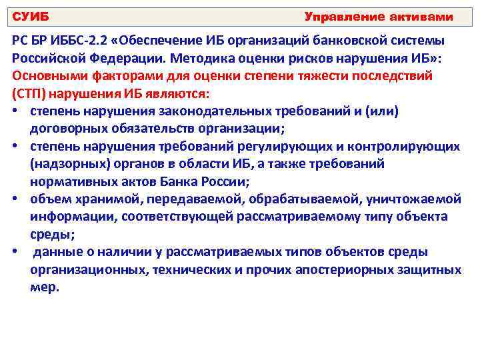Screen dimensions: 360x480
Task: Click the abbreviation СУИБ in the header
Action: click(x=31, y=16)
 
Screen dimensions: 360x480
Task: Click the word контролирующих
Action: click(x=403, y=145)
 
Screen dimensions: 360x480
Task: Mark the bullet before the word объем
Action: click(x=15, y=199)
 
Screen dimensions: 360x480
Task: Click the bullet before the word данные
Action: click(x=15, y=252)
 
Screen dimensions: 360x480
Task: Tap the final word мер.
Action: click(x=45, y=287)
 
